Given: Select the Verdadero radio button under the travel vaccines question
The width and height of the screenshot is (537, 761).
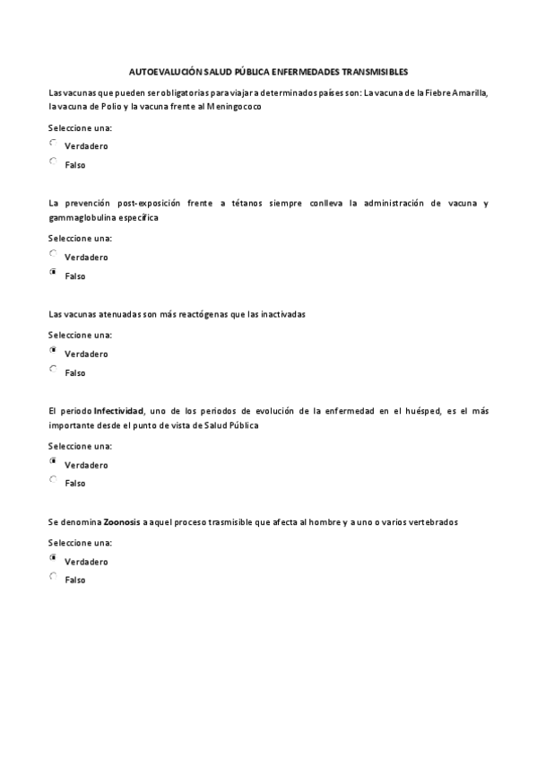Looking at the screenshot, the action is [x=53, y=143].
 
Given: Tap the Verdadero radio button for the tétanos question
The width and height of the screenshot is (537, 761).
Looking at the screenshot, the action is [x=53, y=253].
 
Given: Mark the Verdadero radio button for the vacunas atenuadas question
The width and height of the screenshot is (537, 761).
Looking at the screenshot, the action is [x=53, y=350].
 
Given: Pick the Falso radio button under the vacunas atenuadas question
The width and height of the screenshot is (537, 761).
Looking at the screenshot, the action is [x=53, y=368].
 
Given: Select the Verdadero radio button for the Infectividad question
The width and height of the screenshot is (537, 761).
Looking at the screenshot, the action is [x=53, y=460].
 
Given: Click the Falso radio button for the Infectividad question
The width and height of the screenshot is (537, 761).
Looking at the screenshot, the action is [x=53, y=479].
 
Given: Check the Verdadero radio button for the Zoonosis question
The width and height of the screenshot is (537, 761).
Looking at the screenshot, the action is [x=53, y=557].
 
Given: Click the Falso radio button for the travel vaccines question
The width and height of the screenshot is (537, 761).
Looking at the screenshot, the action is [x=53, y=162].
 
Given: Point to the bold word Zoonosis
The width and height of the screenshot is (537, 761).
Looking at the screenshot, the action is [x=122, y=522].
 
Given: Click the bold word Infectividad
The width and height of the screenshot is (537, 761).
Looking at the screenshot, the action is [x=119, y=411].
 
